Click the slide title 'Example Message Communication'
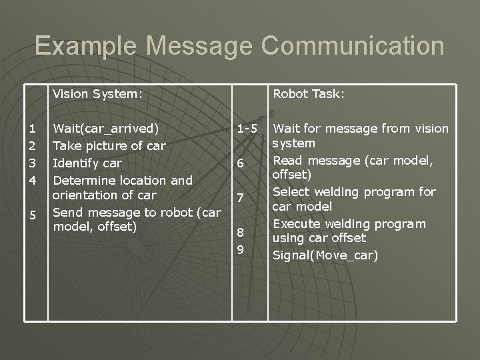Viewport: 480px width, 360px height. [239, 46]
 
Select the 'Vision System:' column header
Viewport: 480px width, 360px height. [98, 94]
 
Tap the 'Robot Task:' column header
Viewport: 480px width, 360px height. [309, 94]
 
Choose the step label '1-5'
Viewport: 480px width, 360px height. [247, 128]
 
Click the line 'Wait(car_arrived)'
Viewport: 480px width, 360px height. [106, 128]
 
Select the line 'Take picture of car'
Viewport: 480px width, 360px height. [109, 145]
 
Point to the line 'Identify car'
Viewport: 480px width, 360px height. [87, 163]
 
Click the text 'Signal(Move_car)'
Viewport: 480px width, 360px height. [325, 255]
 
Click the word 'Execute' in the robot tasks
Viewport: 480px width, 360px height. [297, 223]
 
